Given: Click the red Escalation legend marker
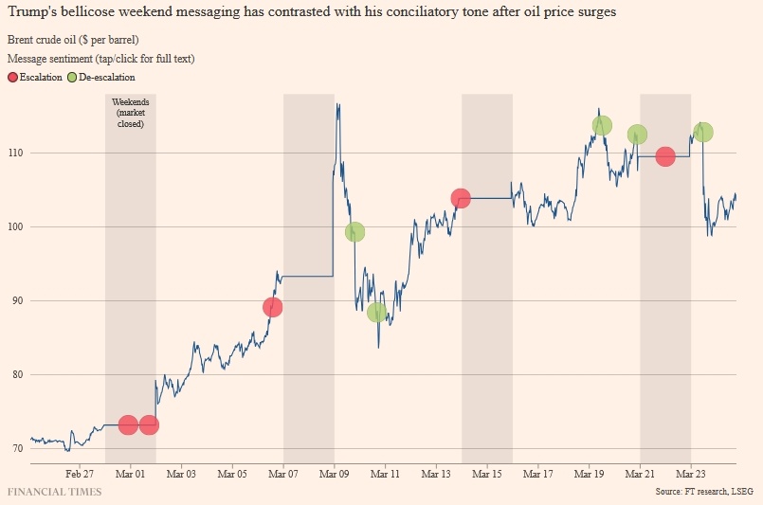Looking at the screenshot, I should (x=12, y=78).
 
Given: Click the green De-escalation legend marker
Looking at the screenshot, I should (x=73, y=78).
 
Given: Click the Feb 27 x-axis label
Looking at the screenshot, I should (x=80, y=474).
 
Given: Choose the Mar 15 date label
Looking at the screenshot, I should (x=487, y=474).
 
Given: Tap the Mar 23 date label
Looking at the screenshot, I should (x=691, y=474).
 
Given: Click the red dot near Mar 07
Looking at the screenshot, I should (x=273, y=307).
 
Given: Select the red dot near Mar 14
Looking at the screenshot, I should (x=461, y=198).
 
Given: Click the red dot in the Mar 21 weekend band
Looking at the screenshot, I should (x=665, y=156).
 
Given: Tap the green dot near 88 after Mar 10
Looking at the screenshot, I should (x=376, y=312).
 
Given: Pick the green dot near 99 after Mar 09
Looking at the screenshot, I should (x=354, y=231).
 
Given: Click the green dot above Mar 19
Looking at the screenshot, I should (x=602, y=125).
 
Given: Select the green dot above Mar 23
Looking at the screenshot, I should (x=702, y=133).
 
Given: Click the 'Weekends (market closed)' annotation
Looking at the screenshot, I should (x=130, y=112).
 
